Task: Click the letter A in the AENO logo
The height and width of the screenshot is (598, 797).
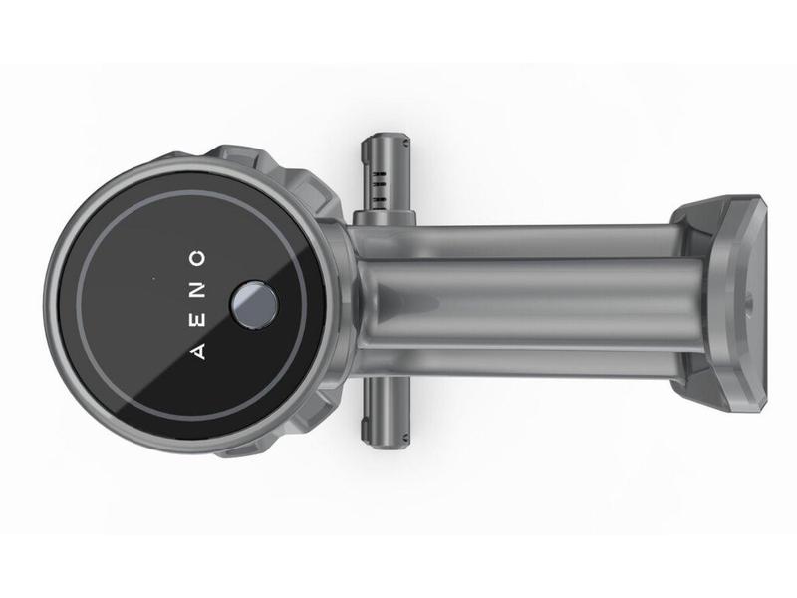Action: (199, 352)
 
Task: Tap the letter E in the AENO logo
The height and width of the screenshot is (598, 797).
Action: (199, 321)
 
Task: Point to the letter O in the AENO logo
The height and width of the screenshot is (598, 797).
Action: (197, 258)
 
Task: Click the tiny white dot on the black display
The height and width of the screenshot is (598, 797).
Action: (154, 278)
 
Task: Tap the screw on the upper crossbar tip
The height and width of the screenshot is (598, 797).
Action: (405, 144)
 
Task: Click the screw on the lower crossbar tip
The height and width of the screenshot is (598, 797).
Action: (405, 436)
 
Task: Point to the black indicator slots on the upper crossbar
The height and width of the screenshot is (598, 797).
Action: (380, 187)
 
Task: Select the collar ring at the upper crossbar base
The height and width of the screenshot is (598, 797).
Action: (385, 217)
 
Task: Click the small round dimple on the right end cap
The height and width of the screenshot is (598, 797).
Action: (749, 307)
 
